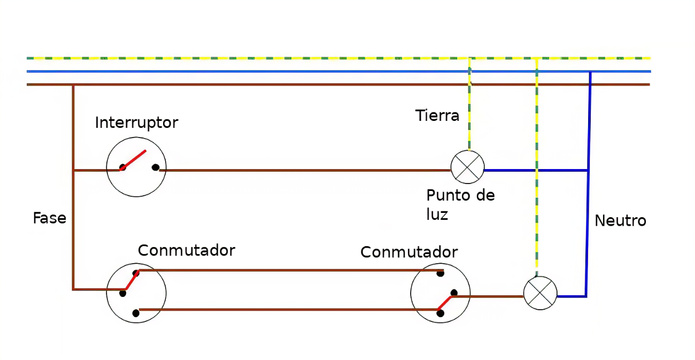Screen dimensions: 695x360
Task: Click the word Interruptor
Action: tap(136, 123)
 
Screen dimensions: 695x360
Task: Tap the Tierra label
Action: tap(437, 116)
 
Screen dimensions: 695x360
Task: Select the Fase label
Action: tap(50, 218)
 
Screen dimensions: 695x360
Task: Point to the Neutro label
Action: tap(620, 221)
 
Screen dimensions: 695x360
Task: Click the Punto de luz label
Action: tap(460, 205)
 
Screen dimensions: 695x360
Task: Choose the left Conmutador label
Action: tap(187, 250)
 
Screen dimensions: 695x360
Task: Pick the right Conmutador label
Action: tap(409, 252)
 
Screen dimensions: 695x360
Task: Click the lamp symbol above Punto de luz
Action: tap(467, 167)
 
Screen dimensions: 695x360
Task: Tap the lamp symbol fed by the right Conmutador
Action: tap(540, 293)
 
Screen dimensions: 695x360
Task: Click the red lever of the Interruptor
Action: tap(133, 160)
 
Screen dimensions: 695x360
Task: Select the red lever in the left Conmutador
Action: tap(132, 280)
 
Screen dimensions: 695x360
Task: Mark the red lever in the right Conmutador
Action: tap(445, 303)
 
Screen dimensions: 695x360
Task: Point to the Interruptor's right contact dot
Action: tap(156, 167)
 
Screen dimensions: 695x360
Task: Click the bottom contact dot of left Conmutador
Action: tap(136, 313)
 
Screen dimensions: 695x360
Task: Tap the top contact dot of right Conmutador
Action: tap(441, 273)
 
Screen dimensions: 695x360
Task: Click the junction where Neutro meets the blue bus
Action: tap(590, 72)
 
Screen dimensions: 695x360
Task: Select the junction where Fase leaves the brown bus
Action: tap(73, 85)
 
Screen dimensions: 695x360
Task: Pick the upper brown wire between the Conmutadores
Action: tap(291, 271)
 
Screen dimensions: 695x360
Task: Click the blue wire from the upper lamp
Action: tap(536, 171)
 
